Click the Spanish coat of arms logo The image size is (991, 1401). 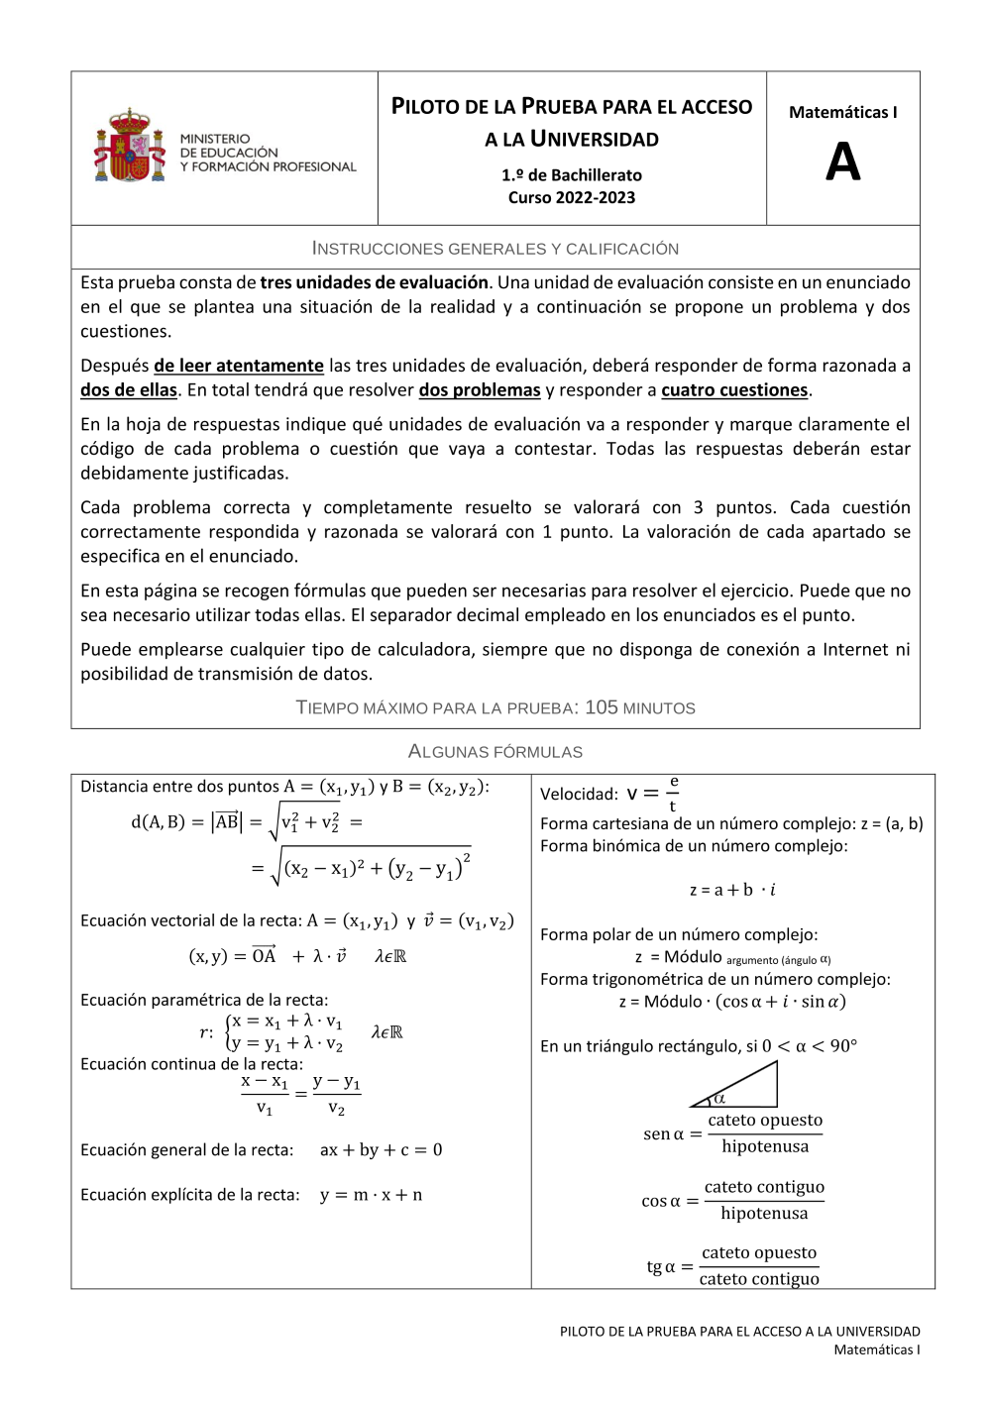130,147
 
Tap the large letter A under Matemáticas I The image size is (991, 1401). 842,162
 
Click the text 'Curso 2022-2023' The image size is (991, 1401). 572,197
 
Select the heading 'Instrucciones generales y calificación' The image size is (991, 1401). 495,249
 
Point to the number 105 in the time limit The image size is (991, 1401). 602,707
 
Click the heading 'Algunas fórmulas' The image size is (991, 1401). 495,752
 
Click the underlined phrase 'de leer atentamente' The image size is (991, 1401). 239,366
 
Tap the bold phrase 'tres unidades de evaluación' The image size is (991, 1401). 375,282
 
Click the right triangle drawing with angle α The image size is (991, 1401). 738,1086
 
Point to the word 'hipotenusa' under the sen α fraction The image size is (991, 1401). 765,1146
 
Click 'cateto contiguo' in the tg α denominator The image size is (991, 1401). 759,1279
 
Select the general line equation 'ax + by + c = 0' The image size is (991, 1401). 382,1150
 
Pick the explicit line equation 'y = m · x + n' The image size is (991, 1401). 372,1195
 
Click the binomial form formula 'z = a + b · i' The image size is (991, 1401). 732,890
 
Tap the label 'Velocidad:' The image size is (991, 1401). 579,795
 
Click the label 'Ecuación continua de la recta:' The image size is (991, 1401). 192,1064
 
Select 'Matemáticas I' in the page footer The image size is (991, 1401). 876,1349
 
